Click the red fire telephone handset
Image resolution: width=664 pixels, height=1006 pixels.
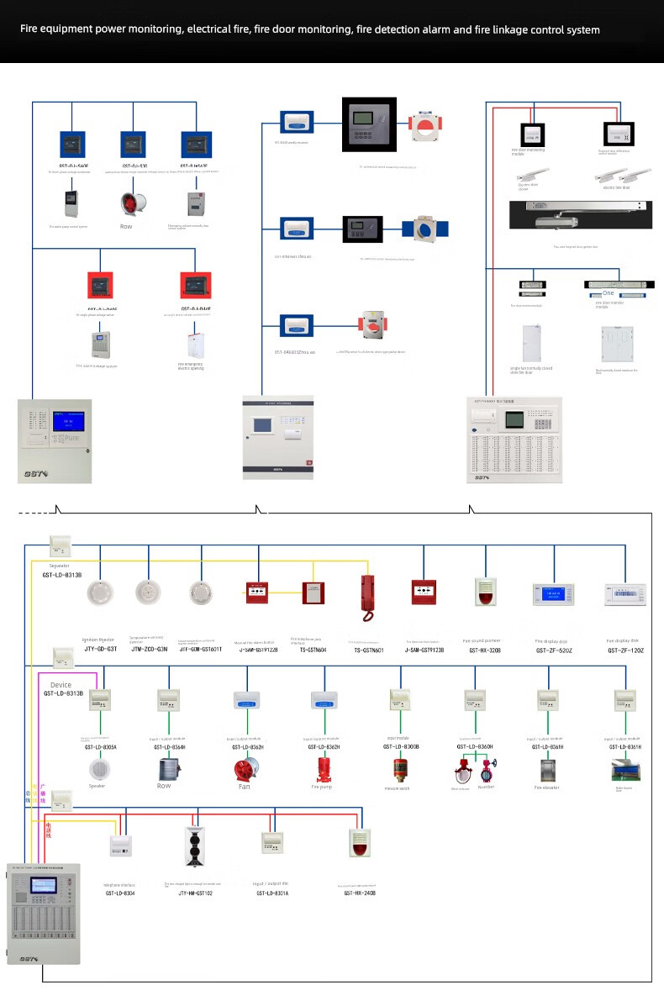366,597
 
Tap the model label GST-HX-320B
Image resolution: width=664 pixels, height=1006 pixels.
485,650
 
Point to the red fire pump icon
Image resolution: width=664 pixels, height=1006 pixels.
323,770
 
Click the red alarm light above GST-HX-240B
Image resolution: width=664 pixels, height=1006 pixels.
360,842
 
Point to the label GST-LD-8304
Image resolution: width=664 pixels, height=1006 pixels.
120,893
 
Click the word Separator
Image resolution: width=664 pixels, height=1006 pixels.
60,566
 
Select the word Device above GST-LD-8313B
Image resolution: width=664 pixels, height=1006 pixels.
61,685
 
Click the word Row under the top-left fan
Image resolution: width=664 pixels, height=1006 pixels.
126,226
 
